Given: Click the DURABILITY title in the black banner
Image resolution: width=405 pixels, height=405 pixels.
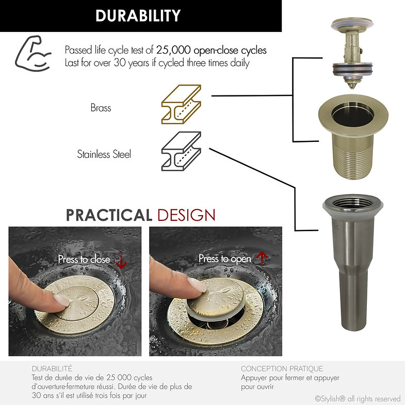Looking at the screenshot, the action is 138,15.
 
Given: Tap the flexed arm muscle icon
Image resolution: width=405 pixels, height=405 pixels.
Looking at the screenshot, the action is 33,54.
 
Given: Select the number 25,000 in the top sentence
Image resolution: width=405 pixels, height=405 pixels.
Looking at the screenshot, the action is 173,50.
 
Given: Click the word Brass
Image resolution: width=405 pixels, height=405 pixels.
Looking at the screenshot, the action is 101,108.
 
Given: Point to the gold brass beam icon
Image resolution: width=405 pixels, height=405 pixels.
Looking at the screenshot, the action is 181,104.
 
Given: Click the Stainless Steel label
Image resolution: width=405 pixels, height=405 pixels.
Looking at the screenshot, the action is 104,154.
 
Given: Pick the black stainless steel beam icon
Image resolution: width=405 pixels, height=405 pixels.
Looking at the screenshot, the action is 181,151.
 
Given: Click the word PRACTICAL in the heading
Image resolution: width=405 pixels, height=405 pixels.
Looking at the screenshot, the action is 109,215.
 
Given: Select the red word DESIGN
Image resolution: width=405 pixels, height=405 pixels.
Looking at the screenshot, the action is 186,215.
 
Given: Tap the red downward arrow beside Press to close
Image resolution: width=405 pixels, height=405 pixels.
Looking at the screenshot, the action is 121,261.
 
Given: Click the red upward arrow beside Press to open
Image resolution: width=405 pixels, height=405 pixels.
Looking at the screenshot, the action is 262,258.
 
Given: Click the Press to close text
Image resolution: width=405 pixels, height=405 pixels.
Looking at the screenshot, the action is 84,259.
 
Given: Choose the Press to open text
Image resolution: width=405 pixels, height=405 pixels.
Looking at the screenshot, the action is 225,258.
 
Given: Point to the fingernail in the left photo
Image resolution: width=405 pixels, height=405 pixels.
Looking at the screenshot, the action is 61,300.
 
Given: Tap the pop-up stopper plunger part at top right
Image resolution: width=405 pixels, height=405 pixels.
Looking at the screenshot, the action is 352,53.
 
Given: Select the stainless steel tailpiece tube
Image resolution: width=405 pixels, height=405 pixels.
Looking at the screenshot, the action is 353,262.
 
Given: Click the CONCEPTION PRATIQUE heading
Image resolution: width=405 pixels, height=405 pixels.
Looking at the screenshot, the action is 282,368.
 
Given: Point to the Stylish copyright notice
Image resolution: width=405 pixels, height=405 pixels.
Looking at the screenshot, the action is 358,398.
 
